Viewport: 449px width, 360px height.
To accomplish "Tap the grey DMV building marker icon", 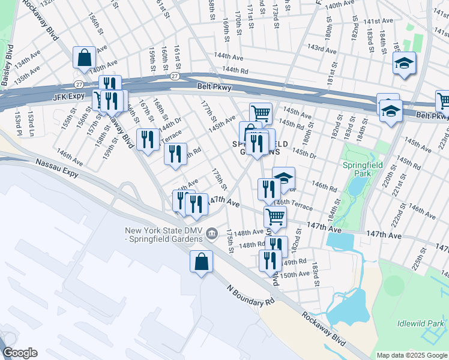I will (211, 233).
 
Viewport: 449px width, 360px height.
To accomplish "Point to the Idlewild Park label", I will (420, 324).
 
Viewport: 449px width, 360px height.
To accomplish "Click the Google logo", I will (20, 353).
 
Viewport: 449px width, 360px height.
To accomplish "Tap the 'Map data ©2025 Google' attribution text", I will (411, 355).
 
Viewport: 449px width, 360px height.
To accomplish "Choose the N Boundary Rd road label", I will (246, 295).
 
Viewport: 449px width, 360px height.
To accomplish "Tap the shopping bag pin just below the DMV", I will (201, 262).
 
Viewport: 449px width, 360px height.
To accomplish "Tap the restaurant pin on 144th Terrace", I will (148, 140).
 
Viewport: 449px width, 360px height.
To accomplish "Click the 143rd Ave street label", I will (320, 47).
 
